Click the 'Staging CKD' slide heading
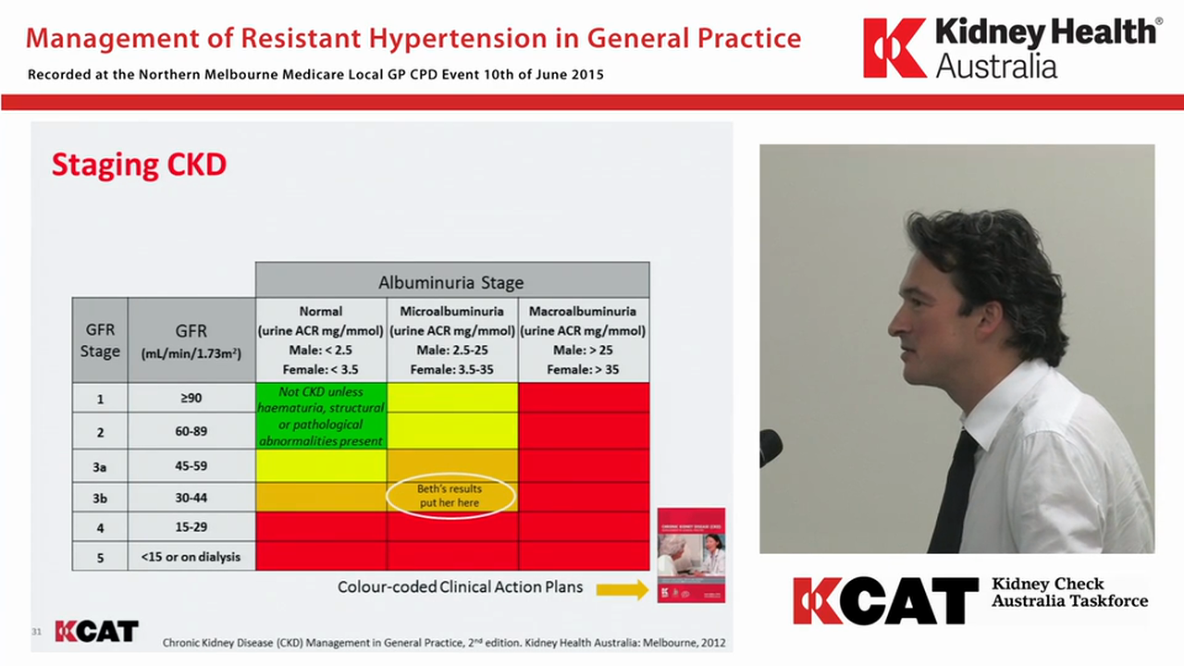coord(139,165)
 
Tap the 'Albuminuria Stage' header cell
coord(451,281)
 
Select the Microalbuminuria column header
coord(451,339)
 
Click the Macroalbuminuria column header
coord(583,339)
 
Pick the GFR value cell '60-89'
coord(191,432)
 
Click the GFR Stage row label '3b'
coord(100,498)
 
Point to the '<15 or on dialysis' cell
coord(191,556)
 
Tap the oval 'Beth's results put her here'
coord(450,496)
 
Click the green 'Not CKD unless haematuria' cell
coord(320,416)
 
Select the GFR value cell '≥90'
coord(191,399)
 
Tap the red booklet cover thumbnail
coord(691,555)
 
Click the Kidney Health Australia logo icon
coord(894,48)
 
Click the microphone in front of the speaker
coord(770,448)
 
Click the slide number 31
coord(37,632)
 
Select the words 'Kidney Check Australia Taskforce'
coord(1068,592)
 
